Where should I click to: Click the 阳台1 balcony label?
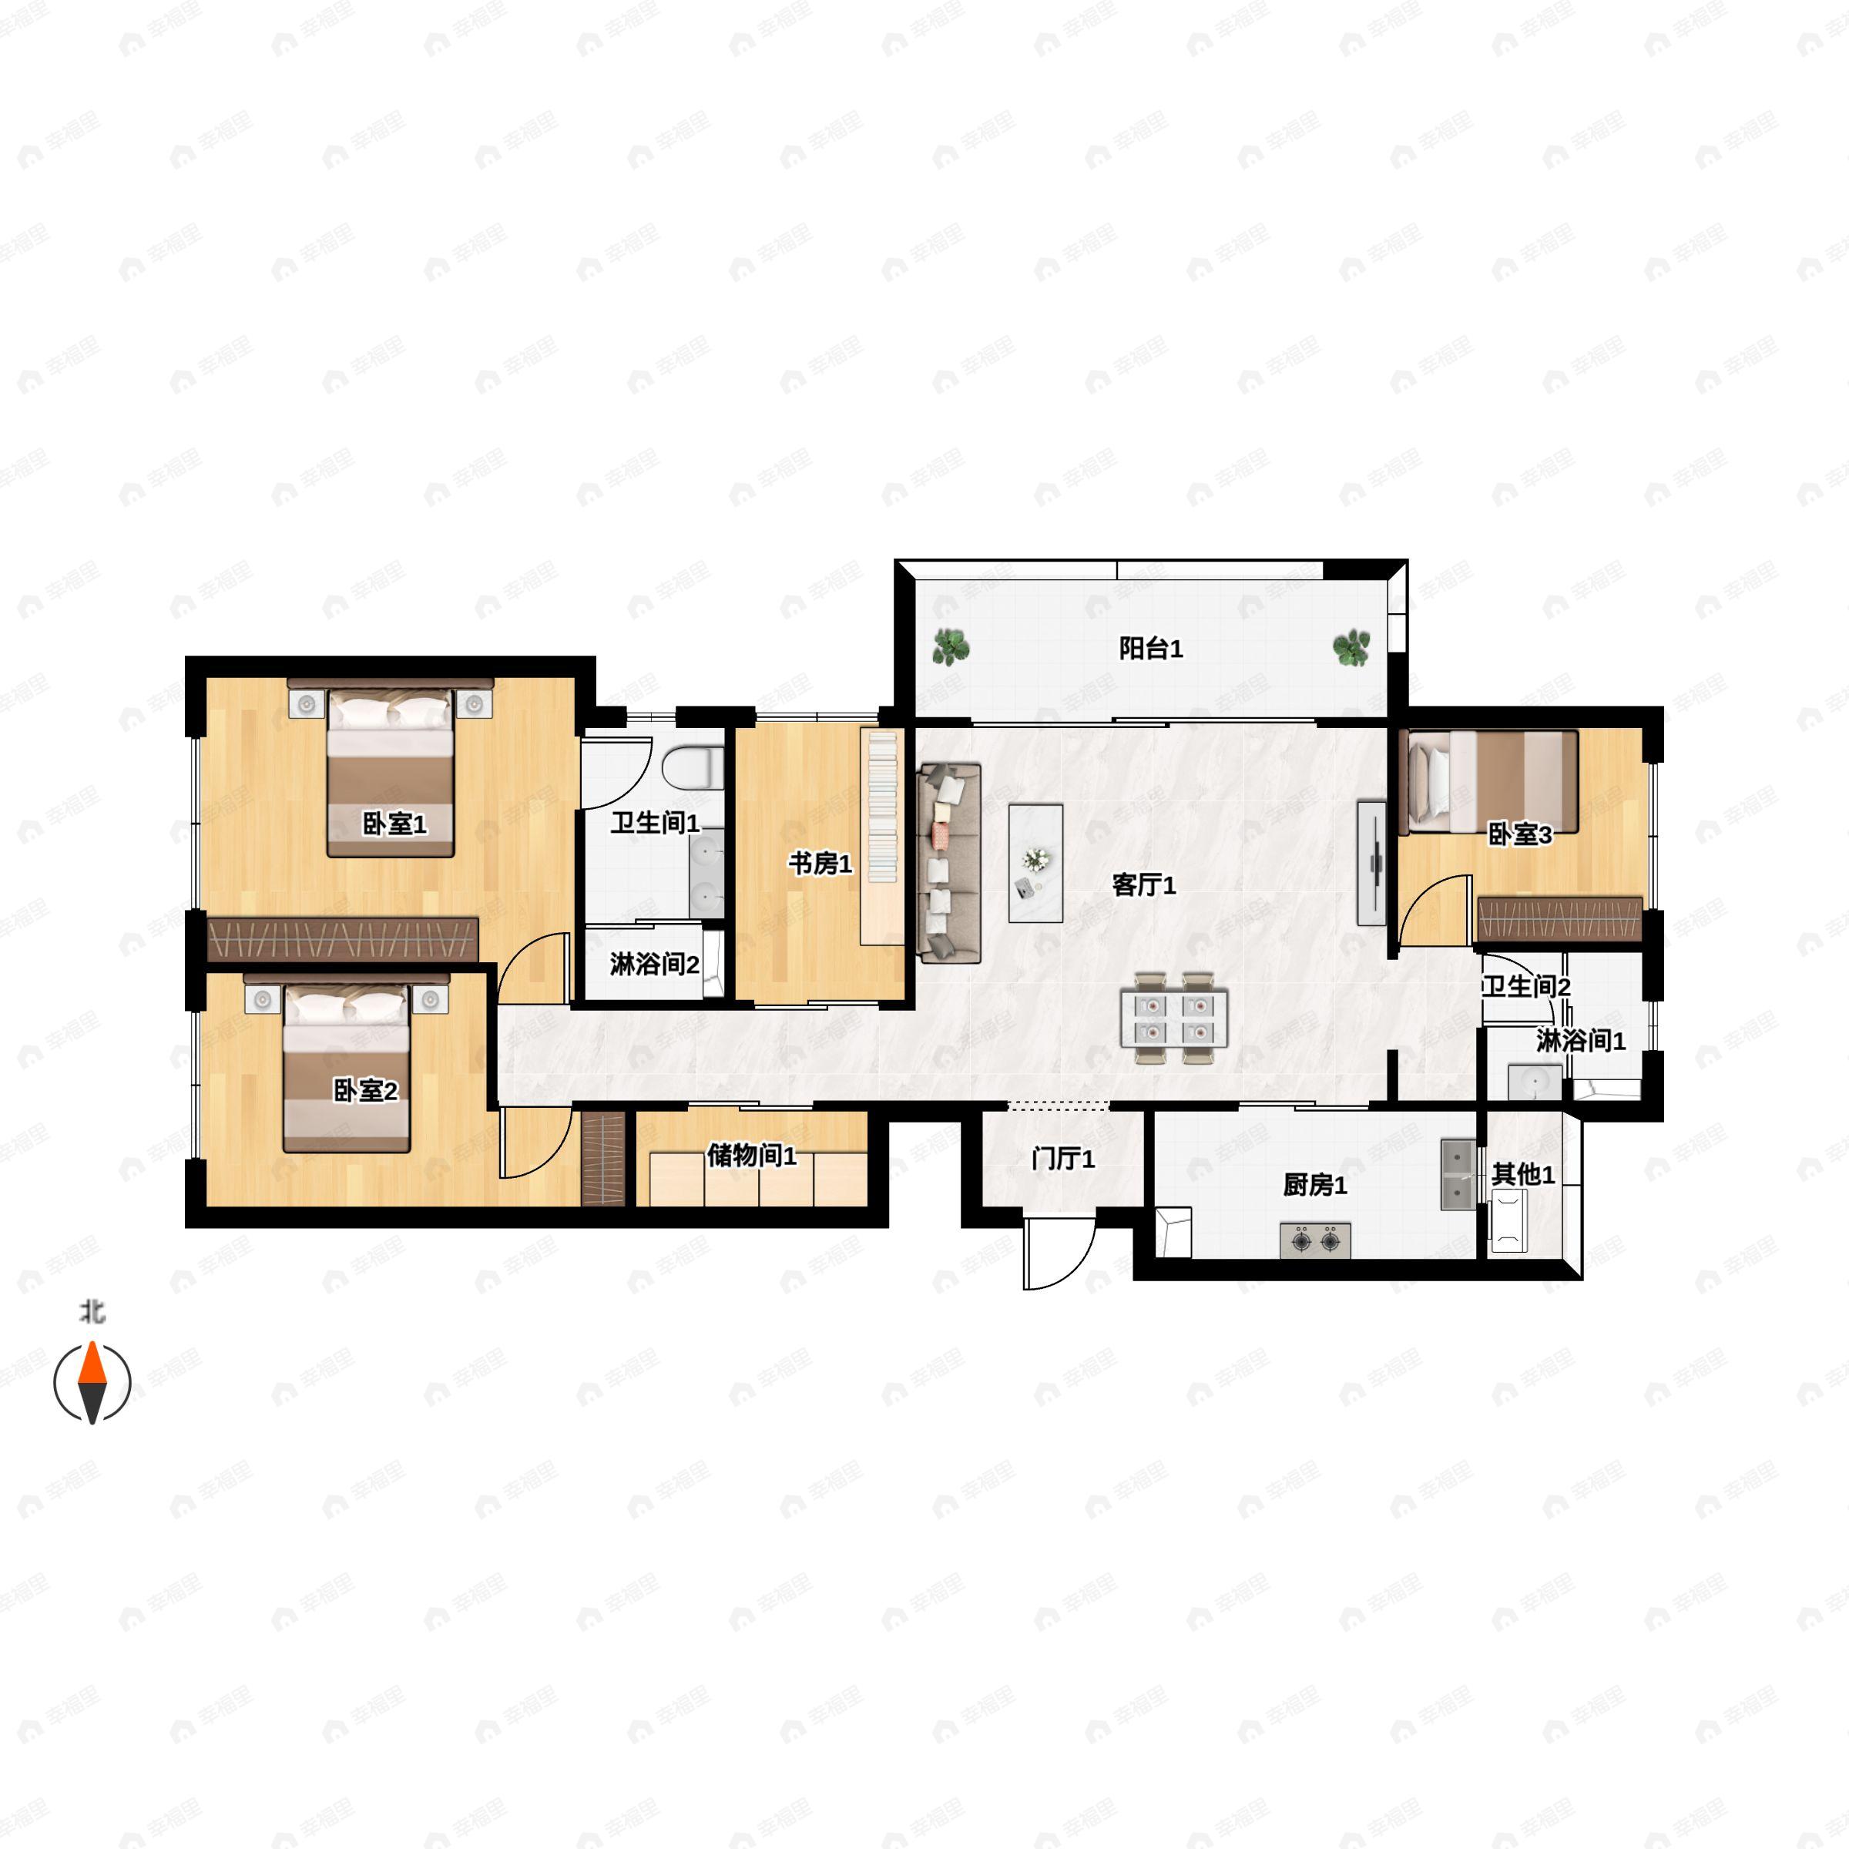coord(1150,649)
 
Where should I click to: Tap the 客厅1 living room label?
coord(1143,884)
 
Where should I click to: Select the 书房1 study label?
coord(820,863)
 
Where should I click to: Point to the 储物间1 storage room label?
coord(751,1155)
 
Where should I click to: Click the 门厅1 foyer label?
coord(1063,1159)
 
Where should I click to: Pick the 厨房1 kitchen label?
coord(1315,1185)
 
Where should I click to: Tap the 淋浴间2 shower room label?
coord(655,964)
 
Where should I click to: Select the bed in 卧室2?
coord(347,1064)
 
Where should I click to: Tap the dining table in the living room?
coord(1173,1018)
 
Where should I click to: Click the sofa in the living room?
coord(949,862)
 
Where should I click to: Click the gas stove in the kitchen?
coord(1316,1240)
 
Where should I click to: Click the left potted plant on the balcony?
coord(951,648)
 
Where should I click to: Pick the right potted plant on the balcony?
coord(1351,648)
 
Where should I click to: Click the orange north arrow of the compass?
coord(92,1363)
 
